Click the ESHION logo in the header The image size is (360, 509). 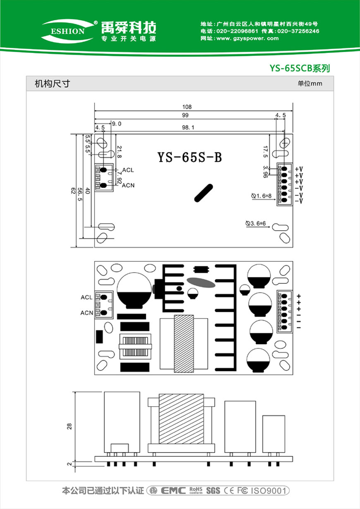click(x=67, y=31)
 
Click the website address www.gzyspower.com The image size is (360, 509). click(x=247, y=39)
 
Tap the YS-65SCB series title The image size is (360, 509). click(x=300, y=68)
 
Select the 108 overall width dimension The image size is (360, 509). click(x=187, y=107)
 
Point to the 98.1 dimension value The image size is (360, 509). click(x=188, y=128)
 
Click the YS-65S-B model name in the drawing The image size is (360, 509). click(x=190, y=157)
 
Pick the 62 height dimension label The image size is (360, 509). click(x=73, y=191)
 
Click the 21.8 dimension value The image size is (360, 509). click(x=120, y=152)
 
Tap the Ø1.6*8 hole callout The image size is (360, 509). click(x=261, y=196)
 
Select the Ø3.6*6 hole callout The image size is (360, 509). click(x=255, y=223)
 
